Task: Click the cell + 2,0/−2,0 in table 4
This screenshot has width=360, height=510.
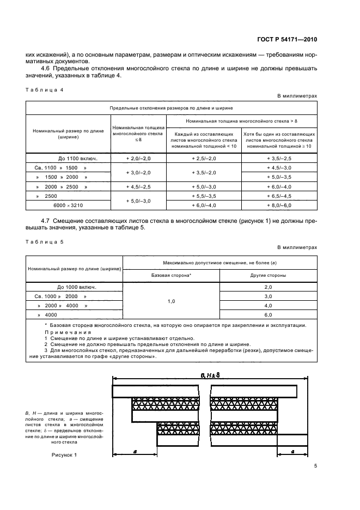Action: pos(137,158)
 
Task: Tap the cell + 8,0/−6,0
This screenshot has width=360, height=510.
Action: pos(279,204)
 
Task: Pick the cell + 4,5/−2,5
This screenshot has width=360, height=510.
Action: pos(137,186)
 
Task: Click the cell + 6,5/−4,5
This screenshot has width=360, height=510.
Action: pos(279,195)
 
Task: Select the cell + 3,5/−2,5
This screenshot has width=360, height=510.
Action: pos(279,158)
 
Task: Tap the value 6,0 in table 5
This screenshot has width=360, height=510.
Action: pos(268,314)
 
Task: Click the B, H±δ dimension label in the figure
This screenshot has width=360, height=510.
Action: pos(210,375)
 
